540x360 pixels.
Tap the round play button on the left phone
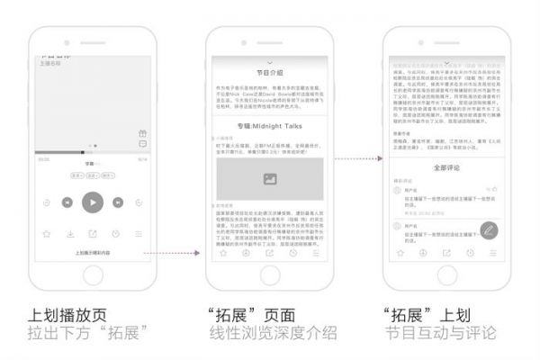click(92, 202)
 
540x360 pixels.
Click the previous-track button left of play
click(67, 202)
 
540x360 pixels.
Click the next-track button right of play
click(117, 202)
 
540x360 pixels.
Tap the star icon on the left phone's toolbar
click(46, 234)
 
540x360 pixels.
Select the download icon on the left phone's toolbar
click(69, 234)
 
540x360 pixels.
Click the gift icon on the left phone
click(142, 133)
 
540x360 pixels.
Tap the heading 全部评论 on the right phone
click(445, 167)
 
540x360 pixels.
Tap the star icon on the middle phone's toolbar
click(222, 253)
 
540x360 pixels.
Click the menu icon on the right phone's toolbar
click(492, 253)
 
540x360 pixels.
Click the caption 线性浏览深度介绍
click(270, 335)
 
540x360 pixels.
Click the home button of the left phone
click(92, 278)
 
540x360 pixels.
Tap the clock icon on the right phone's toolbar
click(469, 253)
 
